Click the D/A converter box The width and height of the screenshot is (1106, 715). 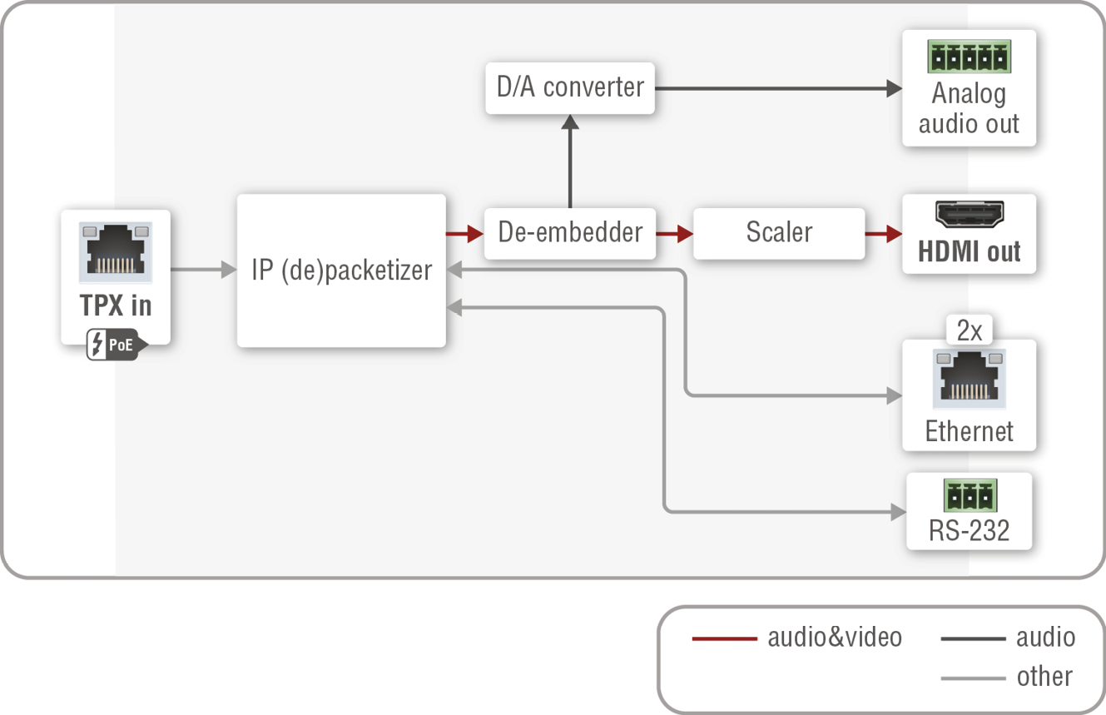click(x=570, y=87)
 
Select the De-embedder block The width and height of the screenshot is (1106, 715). click(x=570, y=232)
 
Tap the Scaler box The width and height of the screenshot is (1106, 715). click(x=779, y=232)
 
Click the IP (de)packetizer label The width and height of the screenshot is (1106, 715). click(x=342, y=271)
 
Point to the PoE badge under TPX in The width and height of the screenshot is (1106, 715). click(x=117, y=345)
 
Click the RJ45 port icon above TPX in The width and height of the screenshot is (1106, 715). click(x=116, y=252)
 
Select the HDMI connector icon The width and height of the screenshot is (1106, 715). click(x=970, y=216)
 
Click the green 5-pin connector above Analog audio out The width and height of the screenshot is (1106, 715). click(x=969, y=57)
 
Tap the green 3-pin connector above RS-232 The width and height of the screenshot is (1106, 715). click(x=970, y=496)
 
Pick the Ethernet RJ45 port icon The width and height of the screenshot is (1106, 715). click(x=970, y=380)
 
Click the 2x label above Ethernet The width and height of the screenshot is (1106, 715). click(x=970, y=331)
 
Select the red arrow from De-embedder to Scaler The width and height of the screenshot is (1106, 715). click(x=674, y=234)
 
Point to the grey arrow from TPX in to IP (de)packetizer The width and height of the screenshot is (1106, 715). click(x=204, y=270)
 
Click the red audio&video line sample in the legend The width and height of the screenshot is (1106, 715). click(x=724, y=638)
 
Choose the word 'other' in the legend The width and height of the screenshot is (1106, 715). click(x=1044, y=677)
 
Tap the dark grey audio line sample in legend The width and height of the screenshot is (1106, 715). click(x=973, y=638)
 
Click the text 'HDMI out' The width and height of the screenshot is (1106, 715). click(x=970, y=251)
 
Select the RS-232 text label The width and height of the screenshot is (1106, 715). click(x=970, y=530)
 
